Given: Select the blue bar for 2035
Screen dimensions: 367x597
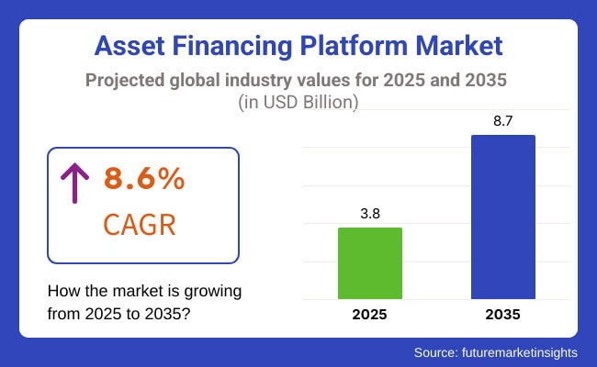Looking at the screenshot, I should tap(502, 217).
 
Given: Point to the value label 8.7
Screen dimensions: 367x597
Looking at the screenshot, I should tap(502, 120).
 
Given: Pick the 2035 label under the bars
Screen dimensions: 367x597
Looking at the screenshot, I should tap(502, 315).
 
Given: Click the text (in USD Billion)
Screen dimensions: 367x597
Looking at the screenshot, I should tap(299, 103).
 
